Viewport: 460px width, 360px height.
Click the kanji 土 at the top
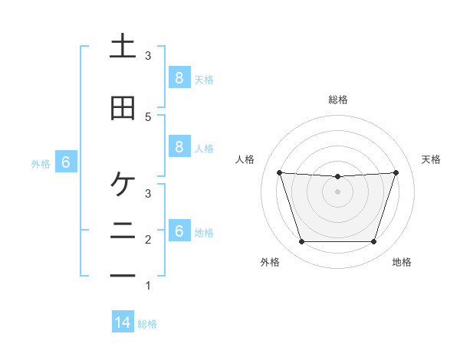(x=123, y=47)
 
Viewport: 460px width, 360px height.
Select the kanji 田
(x=123, y=109)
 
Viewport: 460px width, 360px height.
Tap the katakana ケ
(x=123, y=185)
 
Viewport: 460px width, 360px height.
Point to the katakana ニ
(x=123, y=230)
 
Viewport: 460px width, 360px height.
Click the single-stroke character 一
(x=123, y=275)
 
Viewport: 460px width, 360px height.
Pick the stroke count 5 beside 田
(x=148, y=116)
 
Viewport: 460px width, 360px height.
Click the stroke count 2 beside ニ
(x=148, y=240)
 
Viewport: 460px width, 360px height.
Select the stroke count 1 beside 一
(x=148, y=286)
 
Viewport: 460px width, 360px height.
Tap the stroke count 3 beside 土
(x=148, y=56)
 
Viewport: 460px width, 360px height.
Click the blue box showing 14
(x=123, y=322)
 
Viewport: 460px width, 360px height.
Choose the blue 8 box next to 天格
(x=179, y=77)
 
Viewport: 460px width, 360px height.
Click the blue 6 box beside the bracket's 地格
(x=179, y=231)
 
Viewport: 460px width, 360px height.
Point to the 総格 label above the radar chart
(x=338, y=100)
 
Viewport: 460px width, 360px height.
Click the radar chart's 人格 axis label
(x=245, y=159)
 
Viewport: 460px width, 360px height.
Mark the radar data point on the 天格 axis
(x=396, y=172)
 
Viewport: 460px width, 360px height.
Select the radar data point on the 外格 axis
(x=301, y=242)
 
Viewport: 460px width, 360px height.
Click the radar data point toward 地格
(x=373, y=242)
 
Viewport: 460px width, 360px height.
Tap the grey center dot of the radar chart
(x=337, y=191)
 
